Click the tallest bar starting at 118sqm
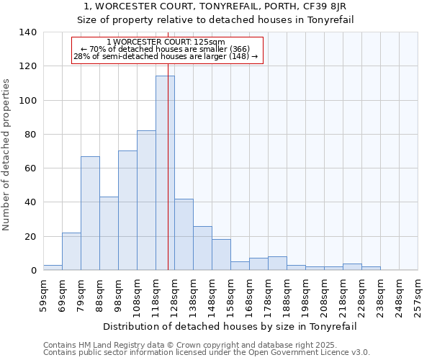tap(165, 173)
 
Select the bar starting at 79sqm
tap(90, 213)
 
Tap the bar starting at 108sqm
tap(146, 200)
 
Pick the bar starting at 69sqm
tap(71, 251)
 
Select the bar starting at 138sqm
tap(202, 248)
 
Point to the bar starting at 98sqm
tap(127, 210)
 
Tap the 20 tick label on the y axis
tap(30, 237)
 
